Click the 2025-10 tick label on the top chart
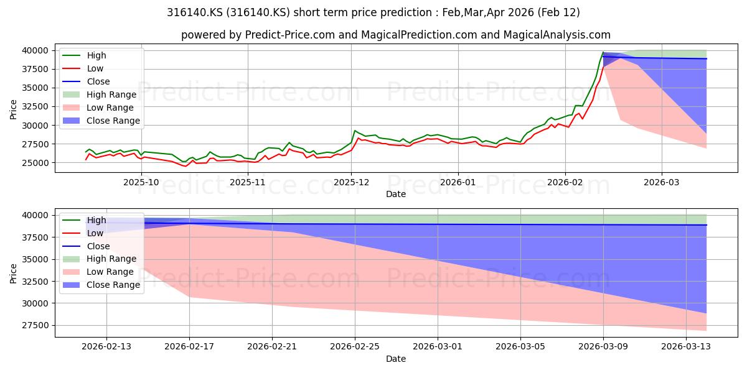141,182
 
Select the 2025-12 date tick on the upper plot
351,182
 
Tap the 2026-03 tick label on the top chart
662,182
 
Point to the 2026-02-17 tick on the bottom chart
189,347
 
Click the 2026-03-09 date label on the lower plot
603,347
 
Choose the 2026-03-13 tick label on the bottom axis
686,347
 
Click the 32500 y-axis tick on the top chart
35,106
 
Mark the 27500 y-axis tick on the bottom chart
35,325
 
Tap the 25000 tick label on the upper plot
35,163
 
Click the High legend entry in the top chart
96,55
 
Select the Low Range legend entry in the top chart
110,108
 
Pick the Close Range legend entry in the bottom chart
113,285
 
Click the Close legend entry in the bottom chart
98,246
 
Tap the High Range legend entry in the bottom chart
111,259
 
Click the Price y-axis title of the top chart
13,109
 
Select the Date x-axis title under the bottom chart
396,359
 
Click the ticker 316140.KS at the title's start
195,12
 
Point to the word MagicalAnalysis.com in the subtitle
557,35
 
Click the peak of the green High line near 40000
603,52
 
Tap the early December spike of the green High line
355,131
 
